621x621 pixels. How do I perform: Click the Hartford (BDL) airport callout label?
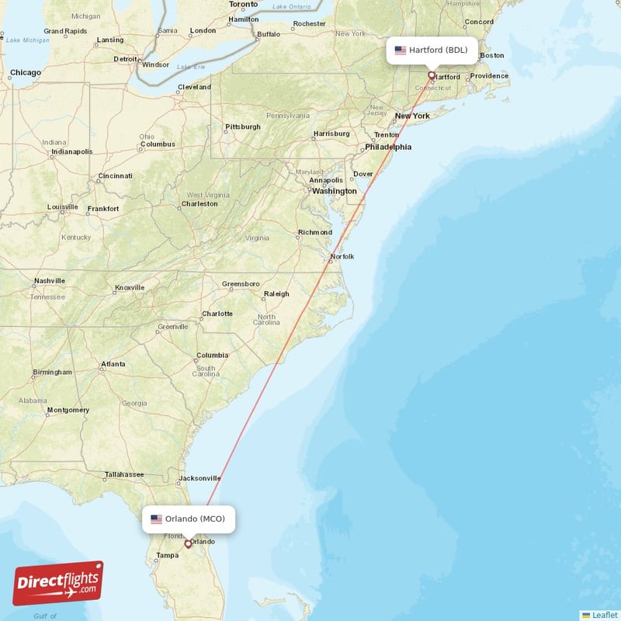click(432, 50)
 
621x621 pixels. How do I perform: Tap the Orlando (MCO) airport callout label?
click(189, 519)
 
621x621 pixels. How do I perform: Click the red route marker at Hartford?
click(432, 75)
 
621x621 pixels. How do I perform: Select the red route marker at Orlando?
click(187, 543)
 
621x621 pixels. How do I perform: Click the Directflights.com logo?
click(58, 584)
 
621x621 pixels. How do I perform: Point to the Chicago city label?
click(26, 73)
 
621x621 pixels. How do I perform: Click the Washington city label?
click(335, 191)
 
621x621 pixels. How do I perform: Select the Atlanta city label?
click(113, 364)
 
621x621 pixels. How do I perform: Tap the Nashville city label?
click(50, 281)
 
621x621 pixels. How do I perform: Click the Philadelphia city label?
click(388, 147)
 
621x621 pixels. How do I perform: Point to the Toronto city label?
click(243, 5)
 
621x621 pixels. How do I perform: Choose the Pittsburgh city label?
click(242, 127)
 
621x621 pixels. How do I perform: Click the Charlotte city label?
click(217, 314)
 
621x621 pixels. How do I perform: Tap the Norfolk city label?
click(342, 256)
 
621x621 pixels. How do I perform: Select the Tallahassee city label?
click(124, 474)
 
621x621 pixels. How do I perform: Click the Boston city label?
click(492, 55)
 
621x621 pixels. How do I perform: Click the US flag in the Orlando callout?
click(156, 519)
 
